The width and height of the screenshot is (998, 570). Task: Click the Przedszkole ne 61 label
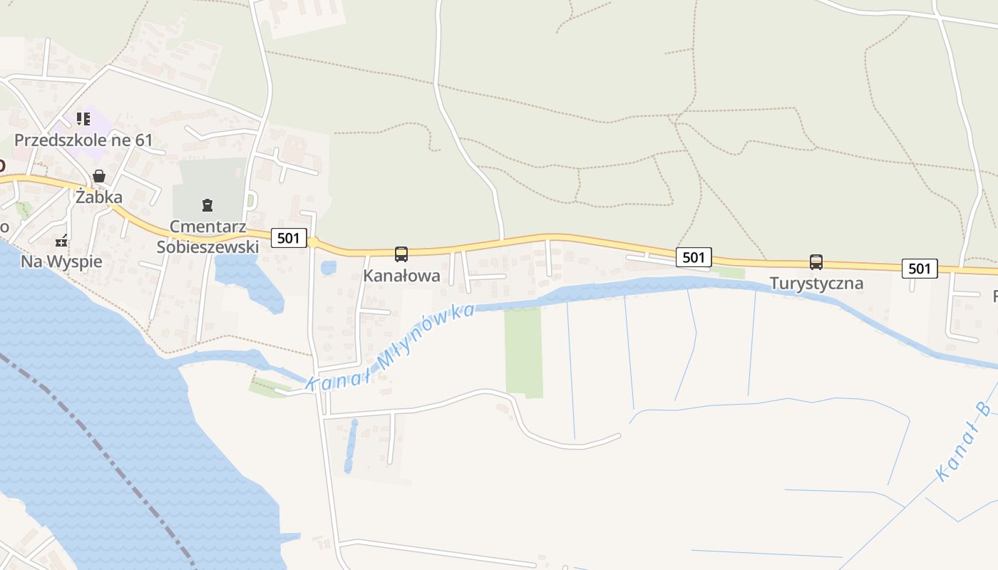coord(83,140)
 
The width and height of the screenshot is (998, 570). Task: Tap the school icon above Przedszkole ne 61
coord(83,118)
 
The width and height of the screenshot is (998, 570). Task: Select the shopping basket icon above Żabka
coord(99,176)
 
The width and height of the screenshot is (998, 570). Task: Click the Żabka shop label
coord(99,197)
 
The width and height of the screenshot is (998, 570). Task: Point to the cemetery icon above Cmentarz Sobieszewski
coord(207,206)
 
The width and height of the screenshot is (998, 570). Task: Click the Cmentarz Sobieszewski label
coord(207,237)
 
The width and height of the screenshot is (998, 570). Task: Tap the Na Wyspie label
coord(61,261)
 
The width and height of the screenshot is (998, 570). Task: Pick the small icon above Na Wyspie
coord(62,240)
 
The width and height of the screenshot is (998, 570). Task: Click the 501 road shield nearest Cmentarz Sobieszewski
coord(289,238)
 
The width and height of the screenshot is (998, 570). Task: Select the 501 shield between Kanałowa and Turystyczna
coord(694,257)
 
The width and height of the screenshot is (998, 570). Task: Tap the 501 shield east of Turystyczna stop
coord(920,268)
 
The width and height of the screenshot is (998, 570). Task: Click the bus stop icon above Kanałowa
coord(401,254)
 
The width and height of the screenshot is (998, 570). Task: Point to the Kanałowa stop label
coord(401,276)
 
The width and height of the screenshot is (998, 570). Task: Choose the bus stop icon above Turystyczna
coord(816,262)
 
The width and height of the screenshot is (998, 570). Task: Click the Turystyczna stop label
coord(816,284)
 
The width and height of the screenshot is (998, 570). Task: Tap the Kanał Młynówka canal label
coord(391,348)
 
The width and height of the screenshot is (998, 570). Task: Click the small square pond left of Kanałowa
coord(329,268)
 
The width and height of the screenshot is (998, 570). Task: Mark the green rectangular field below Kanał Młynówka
coord(524,352)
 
